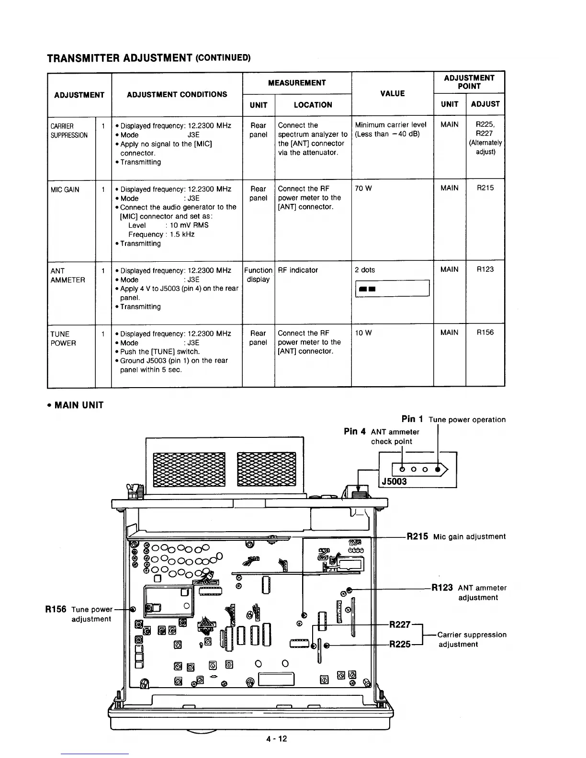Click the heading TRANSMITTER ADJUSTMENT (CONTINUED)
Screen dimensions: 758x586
pyautogui.click(x=148, y=58)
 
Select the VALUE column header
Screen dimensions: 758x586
pyautogui.click(x=392, y=94)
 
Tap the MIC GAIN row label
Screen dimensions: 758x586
pyautogui.click(x=65, y=189)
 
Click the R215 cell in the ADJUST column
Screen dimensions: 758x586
pyautogui.click(x=485, y=188)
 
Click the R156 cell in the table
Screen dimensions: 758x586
pyautogui.click(x=485, y=333)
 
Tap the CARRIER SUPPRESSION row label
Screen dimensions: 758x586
pyautogui.click(x=69, y=131)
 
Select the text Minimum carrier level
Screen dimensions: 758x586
pyautogui.click(x=391, y=125)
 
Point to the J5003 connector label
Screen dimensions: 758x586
pyautogui.click(x=394, y=481)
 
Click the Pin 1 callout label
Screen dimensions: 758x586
pyautogui.click(x=412, y=419)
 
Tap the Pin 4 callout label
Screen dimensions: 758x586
pyautogui.click(x=355, y=432)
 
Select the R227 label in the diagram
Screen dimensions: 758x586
pyautogui.click(x=400, y=624)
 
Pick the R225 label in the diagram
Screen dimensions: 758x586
pyautogui.click(x=400, y=644)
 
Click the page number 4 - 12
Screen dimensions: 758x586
pyautogui.click(x=277, y=738)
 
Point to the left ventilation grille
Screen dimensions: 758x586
pyautogui.click(x=189, y=469)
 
